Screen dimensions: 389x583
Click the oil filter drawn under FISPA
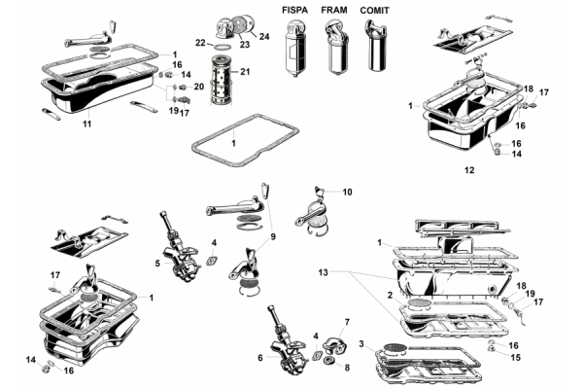295,49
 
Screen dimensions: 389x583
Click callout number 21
245,72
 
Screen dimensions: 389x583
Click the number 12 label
468,170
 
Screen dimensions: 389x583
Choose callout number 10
347,193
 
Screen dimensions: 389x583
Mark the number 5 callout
156,263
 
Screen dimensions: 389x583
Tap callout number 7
346,322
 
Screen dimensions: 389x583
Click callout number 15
514,357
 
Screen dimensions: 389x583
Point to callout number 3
361,343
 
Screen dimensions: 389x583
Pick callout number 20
199,87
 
